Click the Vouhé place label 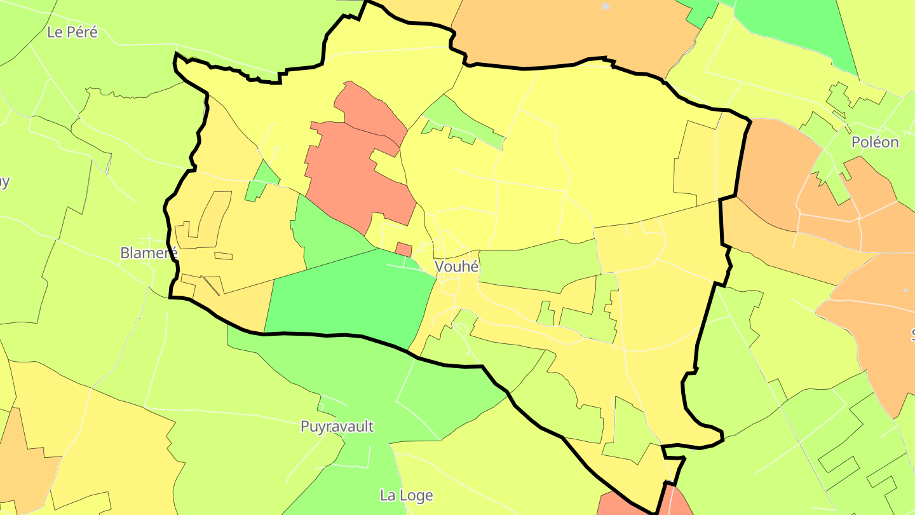point(457,267)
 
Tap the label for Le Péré point(72,32)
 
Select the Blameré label point(149,253)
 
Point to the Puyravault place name point(337,427)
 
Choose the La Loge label point(406,495)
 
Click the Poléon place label point(875,142)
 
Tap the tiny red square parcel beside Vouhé point(403,249)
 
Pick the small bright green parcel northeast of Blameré point(261,181)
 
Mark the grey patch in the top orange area point(606,6)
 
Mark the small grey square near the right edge point(905,291)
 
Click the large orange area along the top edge point(572,32)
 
